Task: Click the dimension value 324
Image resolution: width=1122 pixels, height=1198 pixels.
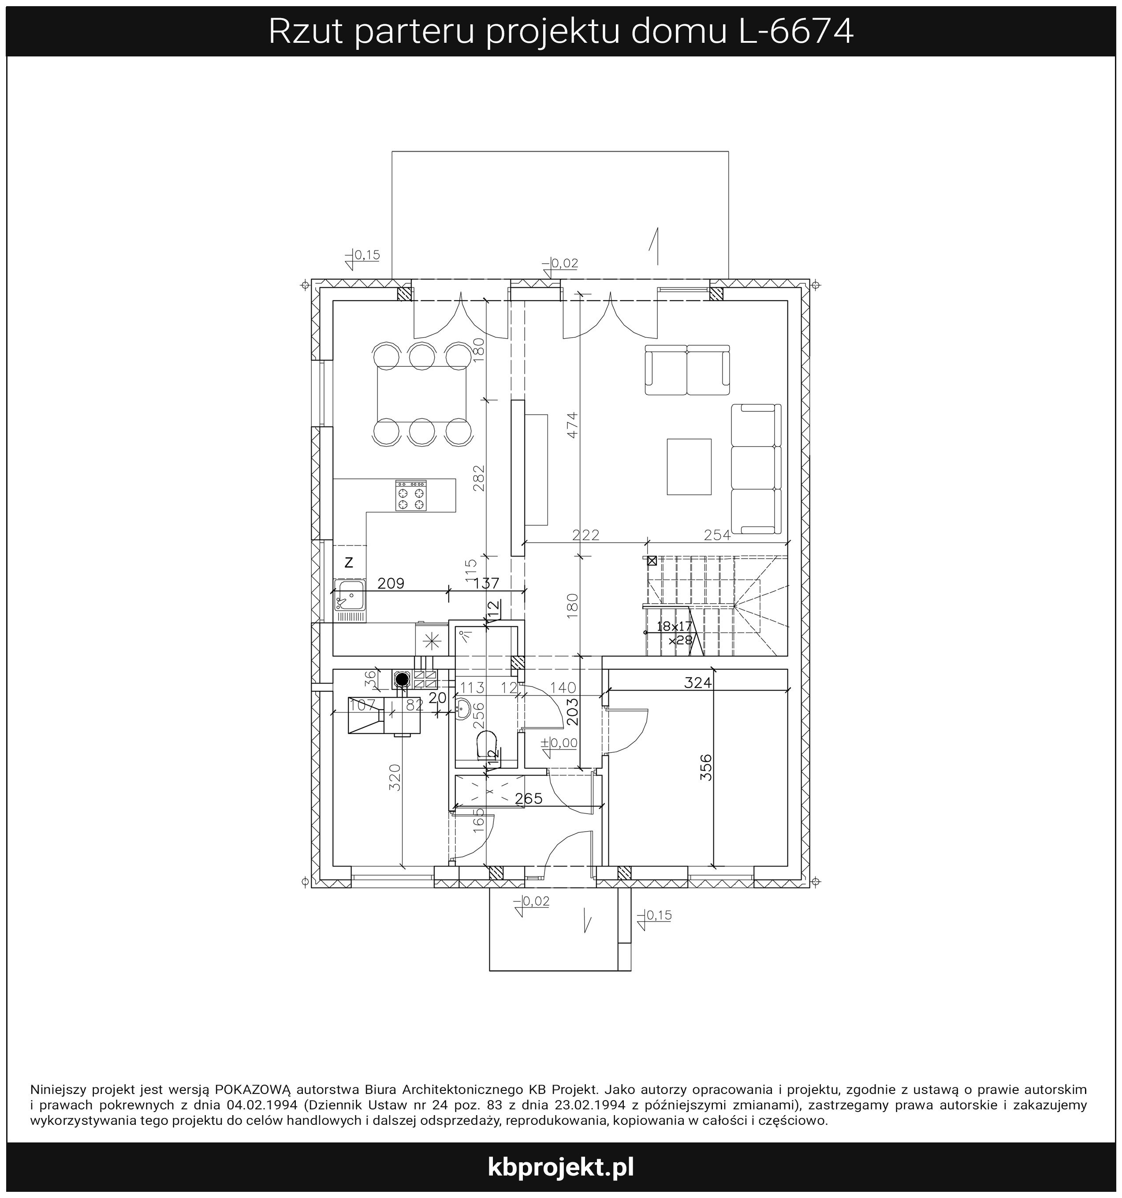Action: coord(698,683)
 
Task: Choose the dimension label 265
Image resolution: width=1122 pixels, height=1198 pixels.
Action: coord(529,799)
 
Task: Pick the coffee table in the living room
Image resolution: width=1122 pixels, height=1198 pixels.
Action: coord(689,467)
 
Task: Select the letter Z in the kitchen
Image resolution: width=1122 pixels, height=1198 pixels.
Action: coord(348,563)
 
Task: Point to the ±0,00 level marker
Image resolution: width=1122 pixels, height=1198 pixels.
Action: coord(559,743)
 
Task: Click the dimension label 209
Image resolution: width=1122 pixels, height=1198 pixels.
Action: coord(391,583)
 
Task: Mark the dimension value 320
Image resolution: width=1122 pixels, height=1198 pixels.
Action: coord(395,777)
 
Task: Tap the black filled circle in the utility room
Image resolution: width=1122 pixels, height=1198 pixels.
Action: coord(402,679)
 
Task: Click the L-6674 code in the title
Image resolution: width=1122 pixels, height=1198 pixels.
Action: coord(796,31)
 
